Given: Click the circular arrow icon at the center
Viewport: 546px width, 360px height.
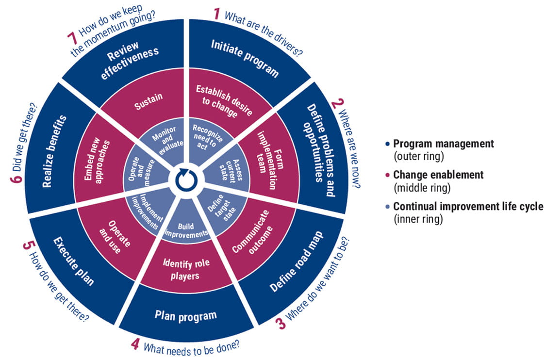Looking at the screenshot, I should pos(185,180).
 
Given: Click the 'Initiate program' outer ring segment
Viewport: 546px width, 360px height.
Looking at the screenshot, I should pos(244,58).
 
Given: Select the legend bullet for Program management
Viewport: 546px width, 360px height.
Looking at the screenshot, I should pos(387,144).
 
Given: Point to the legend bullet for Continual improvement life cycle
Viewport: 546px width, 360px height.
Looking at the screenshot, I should pos(387,207).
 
